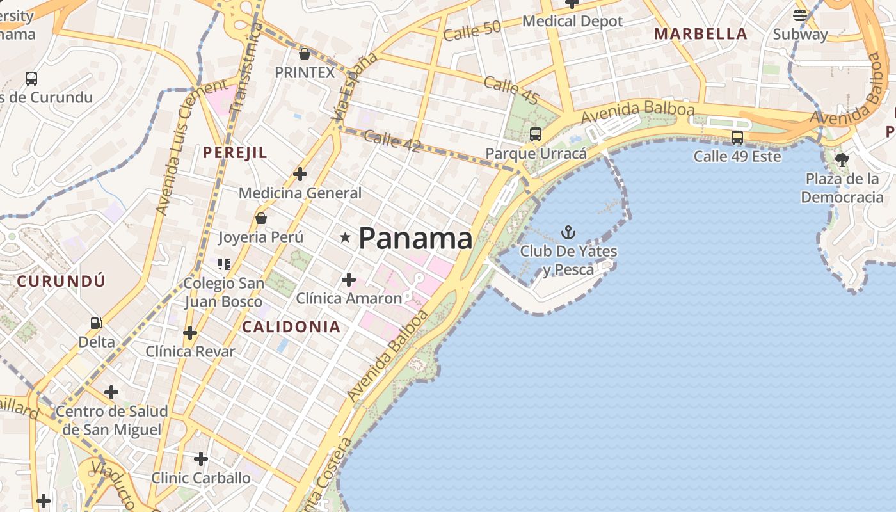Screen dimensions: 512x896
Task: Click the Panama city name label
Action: coord(415,238)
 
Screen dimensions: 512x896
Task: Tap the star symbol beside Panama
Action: coord(346,238)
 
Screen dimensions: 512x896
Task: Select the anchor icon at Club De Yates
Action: coord(568,232)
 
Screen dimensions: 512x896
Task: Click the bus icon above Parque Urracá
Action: coord(536,134)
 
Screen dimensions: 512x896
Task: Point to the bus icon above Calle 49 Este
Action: coord(737,137)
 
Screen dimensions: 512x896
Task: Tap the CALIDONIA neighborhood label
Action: coord(291,326)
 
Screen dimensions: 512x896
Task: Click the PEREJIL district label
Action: coord(235,152)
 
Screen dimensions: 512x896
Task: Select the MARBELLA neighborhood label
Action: coord(700,34)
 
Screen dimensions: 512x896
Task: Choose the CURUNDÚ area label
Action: coord(61,280)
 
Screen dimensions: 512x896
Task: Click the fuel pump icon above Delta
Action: coord(96,324)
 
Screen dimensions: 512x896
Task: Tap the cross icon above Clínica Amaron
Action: coord(349,280)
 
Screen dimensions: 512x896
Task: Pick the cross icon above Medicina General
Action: coord(300,173)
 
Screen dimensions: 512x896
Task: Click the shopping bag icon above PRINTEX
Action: coord(305,54)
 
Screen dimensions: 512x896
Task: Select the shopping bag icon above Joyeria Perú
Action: coord(260,218)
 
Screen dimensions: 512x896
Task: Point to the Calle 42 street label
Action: coord(392,141)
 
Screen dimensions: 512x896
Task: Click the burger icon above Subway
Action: coord(800,15)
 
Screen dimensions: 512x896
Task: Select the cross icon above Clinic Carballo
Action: coord(201,459)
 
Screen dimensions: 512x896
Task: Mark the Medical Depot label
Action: coord(572,21)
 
